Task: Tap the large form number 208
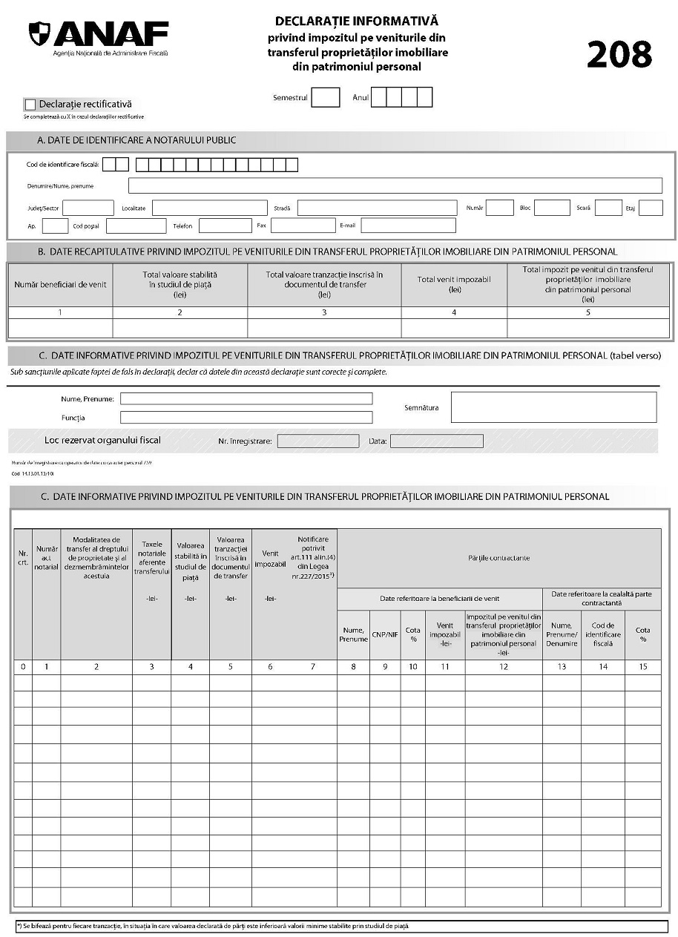pyautogui.click(x=619, y=54)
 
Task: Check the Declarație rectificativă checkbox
pyautogui.click(x=30, y=105)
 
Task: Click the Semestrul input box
pyautogui.click(x=326, y=97)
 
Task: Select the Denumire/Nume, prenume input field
pyautogui.click(x=395, y=185)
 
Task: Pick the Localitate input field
pyautogui.click(x=209, y=208)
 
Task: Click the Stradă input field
pyautogui.click(x=377, y=208)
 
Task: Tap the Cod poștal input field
pyautogui.click(x=136, y=226)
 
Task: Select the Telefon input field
pyautogui.click(x=225, y=226)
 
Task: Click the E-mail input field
pyautogui.click(x=408, y=226)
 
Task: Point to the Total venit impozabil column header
pyautogui.click(x=454, y=284)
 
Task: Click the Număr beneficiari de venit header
pyautogui.click(x=60, y=284)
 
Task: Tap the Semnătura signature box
pyautogui.click(x=553, y=407)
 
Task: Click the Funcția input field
pyautogui.click(x=246, y=418)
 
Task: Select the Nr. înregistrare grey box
pyautogui.click(x=317, y=441)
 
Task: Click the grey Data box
pyautogui.click(x=436, y=441)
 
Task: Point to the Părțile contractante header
pyautogui.click(x=498, y=557)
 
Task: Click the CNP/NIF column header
pyautogui.click(x=385, y=634)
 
